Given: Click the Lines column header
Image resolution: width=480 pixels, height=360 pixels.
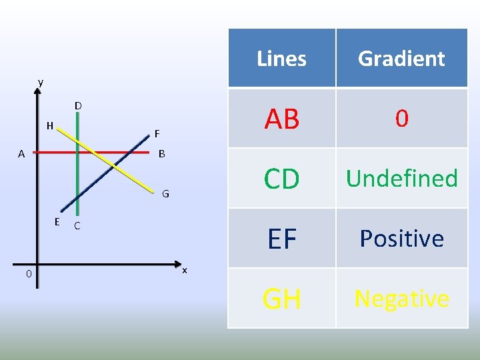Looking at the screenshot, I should click(281, 59).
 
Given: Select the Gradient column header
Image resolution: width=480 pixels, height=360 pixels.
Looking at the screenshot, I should click(401, 59).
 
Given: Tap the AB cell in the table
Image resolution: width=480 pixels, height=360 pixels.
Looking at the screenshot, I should click(281, 119).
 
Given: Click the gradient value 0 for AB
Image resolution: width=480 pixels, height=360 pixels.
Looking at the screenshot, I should click(401, 119).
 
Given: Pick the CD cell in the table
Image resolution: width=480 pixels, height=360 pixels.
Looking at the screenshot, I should click(281, 179).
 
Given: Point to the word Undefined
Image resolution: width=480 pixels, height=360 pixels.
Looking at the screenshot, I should click(401, 179).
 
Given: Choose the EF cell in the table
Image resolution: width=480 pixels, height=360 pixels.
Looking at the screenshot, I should click(281, 239).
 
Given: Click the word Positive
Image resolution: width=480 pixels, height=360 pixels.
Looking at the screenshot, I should click(401, 239).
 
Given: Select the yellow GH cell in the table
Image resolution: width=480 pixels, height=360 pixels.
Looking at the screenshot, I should click(281, 299).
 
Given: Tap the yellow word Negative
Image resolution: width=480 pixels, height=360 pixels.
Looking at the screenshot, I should click(401, 299).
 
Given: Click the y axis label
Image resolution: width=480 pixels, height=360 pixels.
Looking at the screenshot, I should click(41, 82).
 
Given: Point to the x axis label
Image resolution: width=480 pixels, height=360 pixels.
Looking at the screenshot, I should click(185, 269).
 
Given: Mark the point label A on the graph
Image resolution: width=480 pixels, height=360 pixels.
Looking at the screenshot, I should click(21, 154).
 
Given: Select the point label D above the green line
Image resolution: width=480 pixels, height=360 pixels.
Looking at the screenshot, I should click(78, 106).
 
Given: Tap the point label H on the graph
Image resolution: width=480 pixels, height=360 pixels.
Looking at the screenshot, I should click(50, 125).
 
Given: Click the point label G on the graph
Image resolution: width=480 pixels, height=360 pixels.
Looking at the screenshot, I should click(165, 195).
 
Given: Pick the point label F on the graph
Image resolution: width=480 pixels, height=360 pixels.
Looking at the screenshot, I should click(157, 133).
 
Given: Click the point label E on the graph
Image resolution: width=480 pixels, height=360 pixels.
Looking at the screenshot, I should click(58, 221).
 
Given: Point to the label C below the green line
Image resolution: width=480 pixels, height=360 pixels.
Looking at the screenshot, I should click(77, 226).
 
